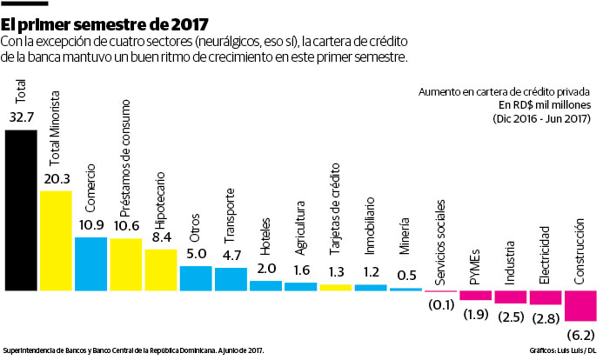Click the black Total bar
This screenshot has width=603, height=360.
click(x=21, y=210)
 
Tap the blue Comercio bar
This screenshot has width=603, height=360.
click(x=90, y=263)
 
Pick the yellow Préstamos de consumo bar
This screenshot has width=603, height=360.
click(x=125, y=263)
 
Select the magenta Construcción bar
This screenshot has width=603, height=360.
click(x=580, y=305)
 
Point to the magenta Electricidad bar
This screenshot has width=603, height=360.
click(x=545, y=297)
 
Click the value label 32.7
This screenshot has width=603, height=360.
click(x=21, y=116)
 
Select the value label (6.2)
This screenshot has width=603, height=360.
click(x=580, y=334)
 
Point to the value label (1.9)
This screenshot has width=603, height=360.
click(x=475, y=313)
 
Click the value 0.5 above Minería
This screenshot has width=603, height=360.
click(x=405, y=276)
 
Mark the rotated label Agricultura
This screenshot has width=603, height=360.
click(x=300, y=225)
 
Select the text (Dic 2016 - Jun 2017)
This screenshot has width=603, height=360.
click(x=542, y=118)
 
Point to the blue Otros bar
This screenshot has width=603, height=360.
click(x=195, y=277)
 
